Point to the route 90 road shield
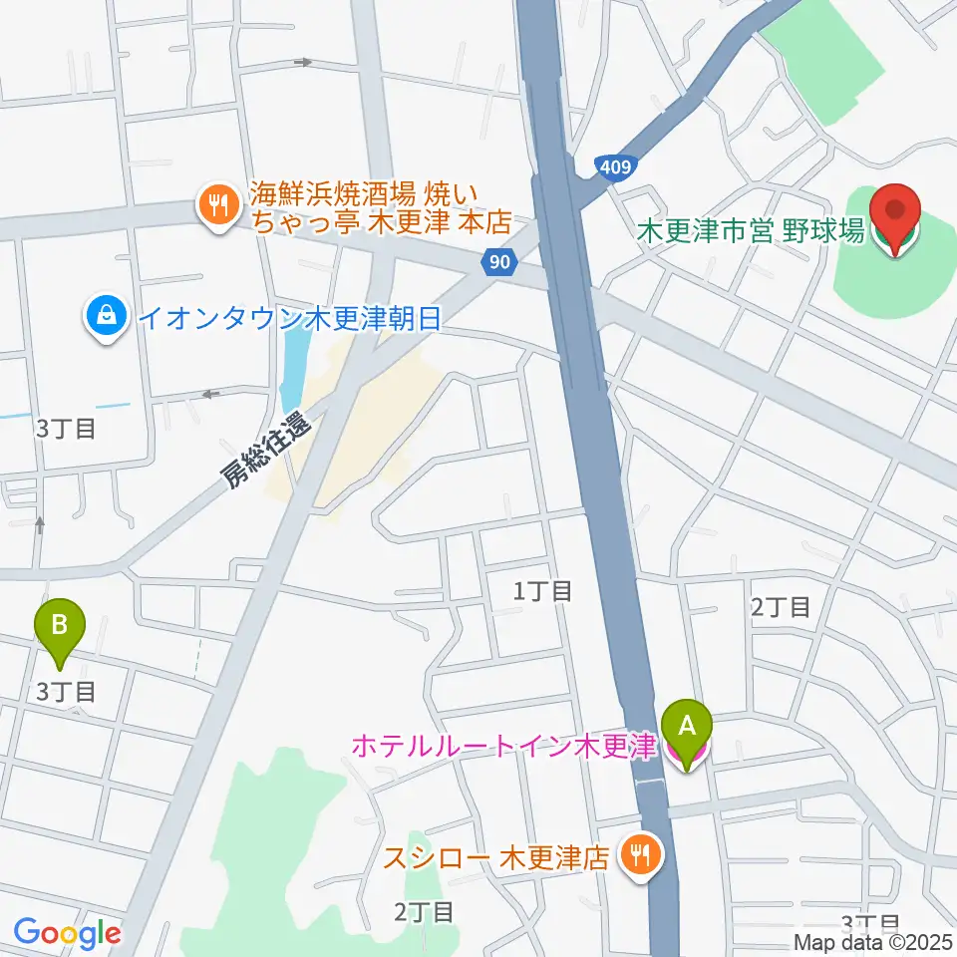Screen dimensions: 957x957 [x=501, y=262]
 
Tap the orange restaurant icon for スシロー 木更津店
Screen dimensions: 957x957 [x=639, y=854]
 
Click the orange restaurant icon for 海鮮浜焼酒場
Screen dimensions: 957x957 [x=215, y=206]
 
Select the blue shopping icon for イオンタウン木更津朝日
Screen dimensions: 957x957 [x=105, y=318]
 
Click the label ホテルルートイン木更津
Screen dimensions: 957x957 [x=502, y=747]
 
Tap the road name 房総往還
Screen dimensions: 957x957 [x=266, y=453]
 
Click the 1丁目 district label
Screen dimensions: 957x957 [x=542, y=591]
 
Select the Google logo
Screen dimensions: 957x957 [x=67, y=933]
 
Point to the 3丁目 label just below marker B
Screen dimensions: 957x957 [x=66, y=690]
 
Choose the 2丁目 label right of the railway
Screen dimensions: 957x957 [x=780, y=606]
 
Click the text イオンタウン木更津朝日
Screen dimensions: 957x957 [x=289, y=319]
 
